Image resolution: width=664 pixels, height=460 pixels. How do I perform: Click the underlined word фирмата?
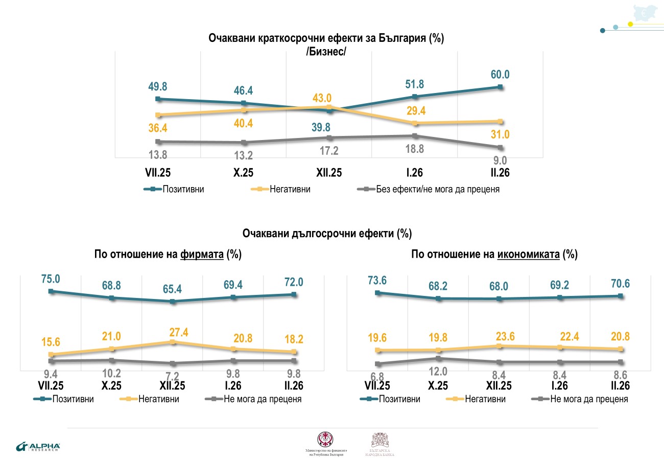tap(202, 254)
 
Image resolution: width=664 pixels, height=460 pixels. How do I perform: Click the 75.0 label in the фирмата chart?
tap(51, 279)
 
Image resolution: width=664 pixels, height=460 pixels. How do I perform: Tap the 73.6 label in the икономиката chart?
tap(377, 280)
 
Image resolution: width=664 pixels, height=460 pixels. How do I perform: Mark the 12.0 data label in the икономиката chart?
tap(438, 371)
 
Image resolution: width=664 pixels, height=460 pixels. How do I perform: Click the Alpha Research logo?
tap(38, 446)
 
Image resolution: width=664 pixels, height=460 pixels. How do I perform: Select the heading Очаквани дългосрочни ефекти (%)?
tap(327, 234)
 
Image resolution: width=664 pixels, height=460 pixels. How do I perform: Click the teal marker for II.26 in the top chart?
tap(501, 87)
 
